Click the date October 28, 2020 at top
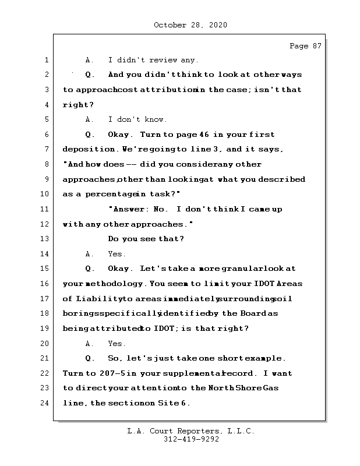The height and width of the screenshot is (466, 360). point(190,25)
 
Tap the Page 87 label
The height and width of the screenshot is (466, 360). point(305,46)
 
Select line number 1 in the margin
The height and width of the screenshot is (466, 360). point(46,60)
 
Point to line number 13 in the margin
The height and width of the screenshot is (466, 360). point(45,239)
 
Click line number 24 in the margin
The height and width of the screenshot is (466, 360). point(45,403)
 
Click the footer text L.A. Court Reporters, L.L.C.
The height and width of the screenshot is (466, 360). point(190,432)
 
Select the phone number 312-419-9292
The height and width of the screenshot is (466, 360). point(191,440)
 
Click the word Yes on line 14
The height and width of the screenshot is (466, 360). point(117,254)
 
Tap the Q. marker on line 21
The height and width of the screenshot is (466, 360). point(90,358)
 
